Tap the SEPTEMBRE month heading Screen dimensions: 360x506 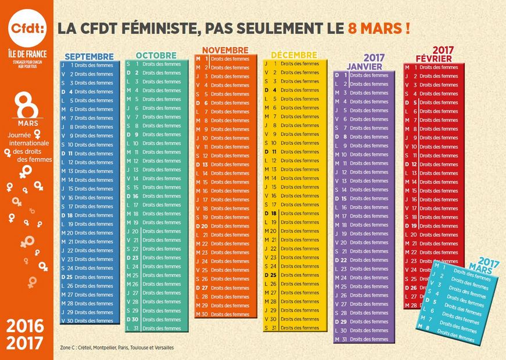pos(89,56)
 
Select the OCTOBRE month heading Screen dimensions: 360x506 pos(156,55)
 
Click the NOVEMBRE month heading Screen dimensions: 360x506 pos(225,50)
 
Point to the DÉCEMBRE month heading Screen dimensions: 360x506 pos(294,55)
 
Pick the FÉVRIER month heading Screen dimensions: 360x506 pos(434,59)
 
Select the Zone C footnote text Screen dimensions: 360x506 pos(117,348)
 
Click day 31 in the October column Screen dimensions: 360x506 pos(135,328)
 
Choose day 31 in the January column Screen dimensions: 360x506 pos(344,339)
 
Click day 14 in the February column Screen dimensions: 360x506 pos(414,182)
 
